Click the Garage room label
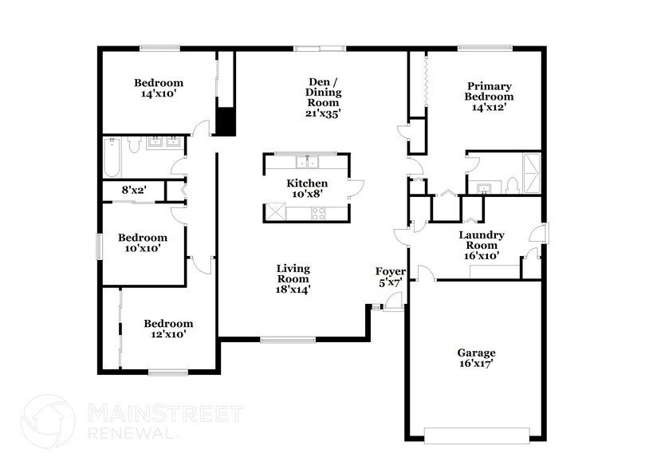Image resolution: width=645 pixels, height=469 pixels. coord(476,358)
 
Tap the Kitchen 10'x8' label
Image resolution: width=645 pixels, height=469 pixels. coord(306,188)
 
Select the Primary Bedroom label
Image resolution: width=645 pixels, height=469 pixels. coord(489,96)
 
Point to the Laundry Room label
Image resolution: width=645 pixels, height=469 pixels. coord(481,246)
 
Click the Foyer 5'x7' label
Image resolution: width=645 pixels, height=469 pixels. coord(391,277)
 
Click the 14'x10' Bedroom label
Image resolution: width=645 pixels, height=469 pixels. coord(158,88)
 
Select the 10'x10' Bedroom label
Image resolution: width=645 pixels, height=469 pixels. coord(143,242)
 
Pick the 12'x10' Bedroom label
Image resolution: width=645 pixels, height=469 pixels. coord(168,329)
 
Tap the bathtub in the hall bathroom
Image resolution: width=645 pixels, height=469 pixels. coord(112,156)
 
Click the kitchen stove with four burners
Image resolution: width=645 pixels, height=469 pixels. coord(317,213)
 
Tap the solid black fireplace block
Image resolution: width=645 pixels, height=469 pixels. coord(227,120)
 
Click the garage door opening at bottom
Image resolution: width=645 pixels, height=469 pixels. coord(476,435)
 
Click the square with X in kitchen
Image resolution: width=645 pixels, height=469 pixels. coord(277,212)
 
